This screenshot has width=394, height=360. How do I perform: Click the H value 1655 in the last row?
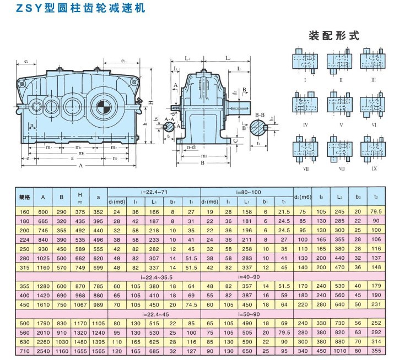tap(80, 350)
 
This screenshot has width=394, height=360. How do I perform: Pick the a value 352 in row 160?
tap(99, 211)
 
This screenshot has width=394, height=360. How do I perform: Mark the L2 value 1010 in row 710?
tap(339, 350)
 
